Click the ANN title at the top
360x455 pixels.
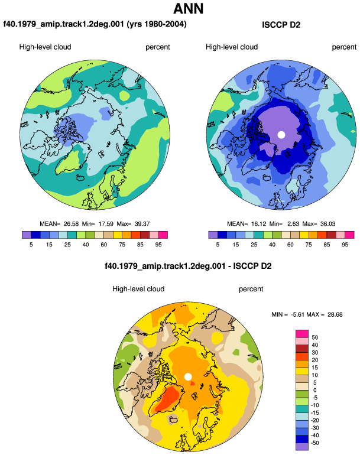pyautogui.click(x=188, y=8)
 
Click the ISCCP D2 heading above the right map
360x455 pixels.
pyautogui.click(x=281, y=25)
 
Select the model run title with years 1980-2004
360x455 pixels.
pyautogui.click(x=95, y=24)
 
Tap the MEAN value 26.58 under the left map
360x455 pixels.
pyautogui.click(x=71, y=224)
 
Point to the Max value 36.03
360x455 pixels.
pyautogui.click(x=327, y=224)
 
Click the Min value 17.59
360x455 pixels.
pyautogui.click(x=106, y=224)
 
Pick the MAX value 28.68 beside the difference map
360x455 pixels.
pyautogui.click(x=335, y=314)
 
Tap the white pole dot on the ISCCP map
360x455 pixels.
pyautogui.click(x=281, y=135)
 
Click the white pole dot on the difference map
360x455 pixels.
pyautogui.click(x=188, y=377)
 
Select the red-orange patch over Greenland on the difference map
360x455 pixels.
pyautogui.click(x=169, y=398)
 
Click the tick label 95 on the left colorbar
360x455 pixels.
pyautogui.click(x=158, y=245)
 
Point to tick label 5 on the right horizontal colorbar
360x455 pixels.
pyautogui.click(x=218, y=245)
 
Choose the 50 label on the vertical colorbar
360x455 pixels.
pyautogui.click(x=314, y=337)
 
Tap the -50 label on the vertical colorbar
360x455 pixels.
pyautogui.click(x=314, y=443)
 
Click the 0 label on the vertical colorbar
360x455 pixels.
pyautogui.click(x=314, y=390)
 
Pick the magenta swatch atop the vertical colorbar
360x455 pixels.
pyautogui.click(x=302, y=334)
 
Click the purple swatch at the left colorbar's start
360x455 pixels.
pyautogui.click(x=27, y=235)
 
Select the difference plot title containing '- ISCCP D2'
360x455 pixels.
pyautogui.click(x=188, y=266)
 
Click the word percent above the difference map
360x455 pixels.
pyautogui.click(x=251, y=289)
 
